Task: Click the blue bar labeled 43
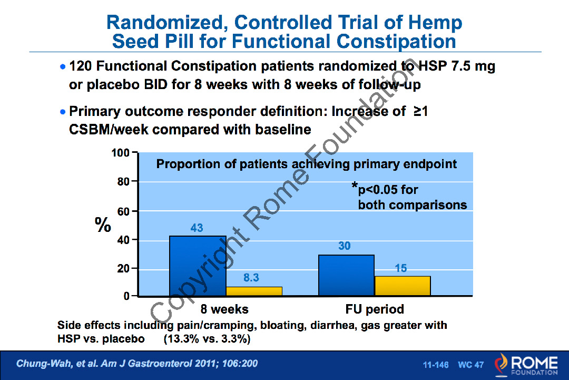click(198, 266)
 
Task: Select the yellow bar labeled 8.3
click(254, 291)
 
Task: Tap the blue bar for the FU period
click(346, 275)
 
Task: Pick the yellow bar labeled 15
click(403, 285)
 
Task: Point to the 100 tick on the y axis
click(120, 153)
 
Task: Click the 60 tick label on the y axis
click(123, 211)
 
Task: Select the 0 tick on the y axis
click(126, 297)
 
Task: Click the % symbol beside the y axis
click(103, 226)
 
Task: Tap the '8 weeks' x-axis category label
click(225, 309)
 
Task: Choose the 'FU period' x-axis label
click(375, 309)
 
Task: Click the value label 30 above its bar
click(344, 246)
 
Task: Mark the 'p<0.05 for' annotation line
click(388, 190)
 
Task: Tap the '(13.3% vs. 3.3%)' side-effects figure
click(207, 339)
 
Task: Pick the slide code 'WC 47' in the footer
click(470, 365)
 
